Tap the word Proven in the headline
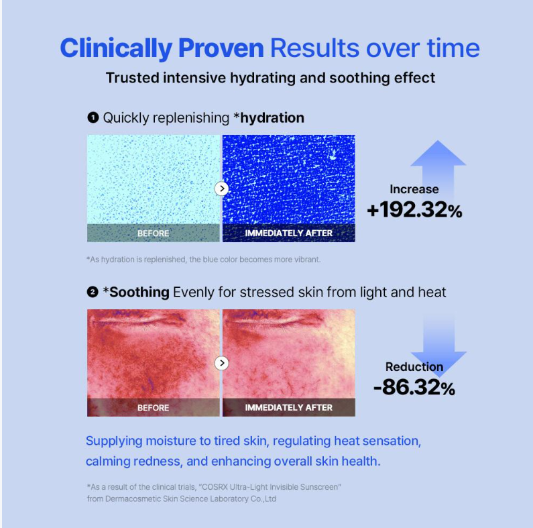pyautogui.click(x=221, y=48)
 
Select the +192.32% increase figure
pyautogui.click(x=415, y=209)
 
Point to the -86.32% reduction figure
pyautogui.click(x=414, y=387)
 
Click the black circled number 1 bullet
pyautogui.click(x=93, y=117)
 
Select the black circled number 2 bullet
pyautogui.click(x=93, y=292)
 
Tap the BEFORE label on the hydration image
pyautogui.click(x=154, y=233)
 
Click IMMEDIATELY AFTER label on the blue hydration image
pyautogui.click(x=288, y=233)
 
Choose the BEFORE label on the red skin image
pyautogui.click(x=154, y=407)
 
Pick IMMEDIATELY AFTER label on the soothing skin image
pyautogui.click(x=288, y=407)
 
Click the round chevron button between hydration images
pyautogui.click(x=222, y=189)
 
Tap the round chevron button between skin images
pyautogui.click(x=222, y=363)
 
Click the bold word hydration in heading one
pyautogui.click(x=272, y=118)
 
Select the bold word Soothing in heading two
pyautogui.click(x=139, y=293)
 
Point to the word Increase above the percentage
pyautogui.click(x=414, y=189)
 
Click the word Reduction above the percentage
pyautogui.click(x=414, y=367)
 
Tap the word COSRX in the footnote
pyautogui.click(x=215, y=487)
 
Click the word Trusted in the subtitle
pyautogui.click(x=132, y=78)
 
